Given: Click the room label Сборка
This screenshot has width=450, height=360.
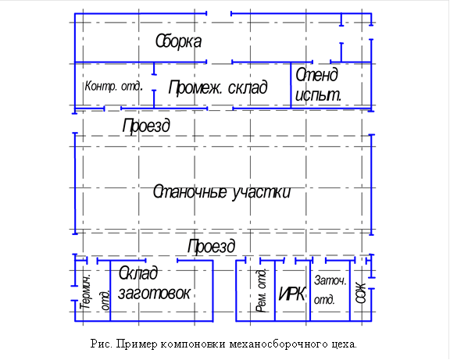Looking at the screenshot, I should point(178,41).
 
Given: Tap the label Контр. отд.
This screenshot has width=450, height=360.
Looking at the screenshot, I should point(112,86).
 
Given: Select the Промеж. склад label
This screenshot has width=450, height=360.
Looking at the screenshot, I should point(218,87).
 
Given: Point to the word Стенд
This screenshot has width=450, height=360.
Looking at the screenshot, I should point(316,75).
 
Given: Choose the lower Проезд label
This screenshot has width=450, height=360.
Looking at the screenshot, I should point(211,246).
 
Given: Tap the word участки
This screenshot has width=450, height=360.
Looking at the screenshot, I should point(260,192).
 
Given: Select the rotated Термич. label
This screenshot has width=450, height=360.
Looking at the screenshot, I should point(86,291).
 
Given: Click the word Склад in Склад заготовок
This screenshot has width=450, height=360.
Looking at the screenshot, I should point(138,274).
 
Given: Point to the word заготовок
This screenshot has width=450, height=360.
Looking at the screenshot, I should point(155,294).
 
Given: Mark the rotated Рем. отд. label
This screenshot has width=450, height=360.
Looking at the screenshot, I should point(261,290).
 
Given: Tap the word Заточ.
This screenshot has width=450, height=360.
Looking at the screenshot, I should point(329,280).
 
